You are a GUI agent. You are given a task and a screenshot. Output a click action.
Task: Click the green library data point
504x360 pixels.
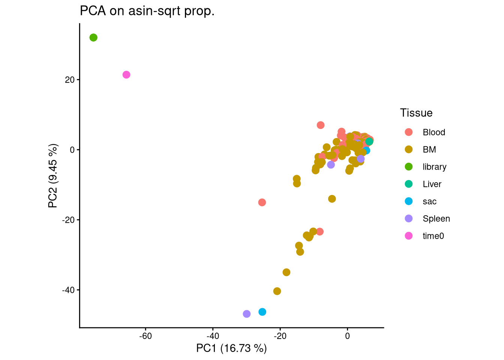93,37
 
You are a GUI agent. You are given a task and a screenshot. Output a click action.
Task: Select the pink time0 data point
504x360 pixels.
126,75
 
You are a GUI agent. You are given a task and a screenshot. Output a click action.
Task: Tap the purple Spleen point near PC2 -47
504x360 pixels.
246,314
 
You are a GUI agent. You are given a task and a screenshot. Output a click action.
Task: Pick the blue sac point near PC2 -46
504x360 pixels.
262,312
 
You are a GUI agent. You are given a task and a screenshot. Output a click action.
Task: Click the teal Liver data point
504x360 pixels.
369,141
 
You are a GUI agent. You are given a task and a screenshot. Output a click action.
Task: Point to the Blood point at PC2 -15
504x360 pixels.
262,202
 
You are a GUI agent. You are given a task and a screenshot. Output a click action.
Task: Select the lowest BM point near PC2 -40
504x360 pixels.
277,291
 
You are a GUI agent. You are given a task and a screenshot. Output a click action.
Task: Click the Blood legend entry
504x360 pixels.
433,132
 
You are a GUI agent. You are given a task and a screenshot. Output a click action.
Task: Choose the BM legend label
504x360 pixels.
429,150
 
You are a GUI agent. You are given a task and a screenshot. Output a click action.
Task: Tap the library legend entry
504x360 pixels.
434,167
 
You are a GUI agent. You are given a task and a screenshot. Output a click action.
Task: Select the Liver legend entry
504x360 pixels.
432,184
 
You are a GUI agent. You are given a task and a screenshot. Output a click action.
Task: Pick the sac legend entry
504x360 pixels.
429,201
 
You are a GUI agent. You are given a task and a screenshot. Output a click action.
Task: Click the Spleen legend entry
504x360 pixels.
436,219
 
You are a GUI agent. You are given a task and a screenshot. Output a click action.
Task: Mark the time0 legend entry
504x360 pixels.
433,236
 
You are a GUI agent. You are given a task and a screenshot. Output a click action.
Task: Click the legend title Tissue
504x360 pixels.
416,113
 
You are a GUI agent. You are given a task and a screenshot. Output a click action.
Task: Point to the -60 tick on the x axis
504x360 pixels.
145,336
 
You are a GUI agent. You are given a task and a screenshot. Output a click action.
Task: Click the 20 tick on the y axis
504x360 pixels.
70,80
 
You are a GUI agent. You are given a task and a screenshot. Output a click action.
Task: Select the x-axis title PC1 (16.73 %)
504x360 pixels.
231,348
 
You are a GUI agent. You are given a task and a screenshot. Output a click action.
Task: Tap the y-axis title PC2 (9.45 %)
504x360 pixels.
53,175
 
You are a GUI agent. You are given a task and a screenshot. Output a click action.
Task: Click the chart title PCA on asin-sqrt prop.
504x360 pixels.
147,11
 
